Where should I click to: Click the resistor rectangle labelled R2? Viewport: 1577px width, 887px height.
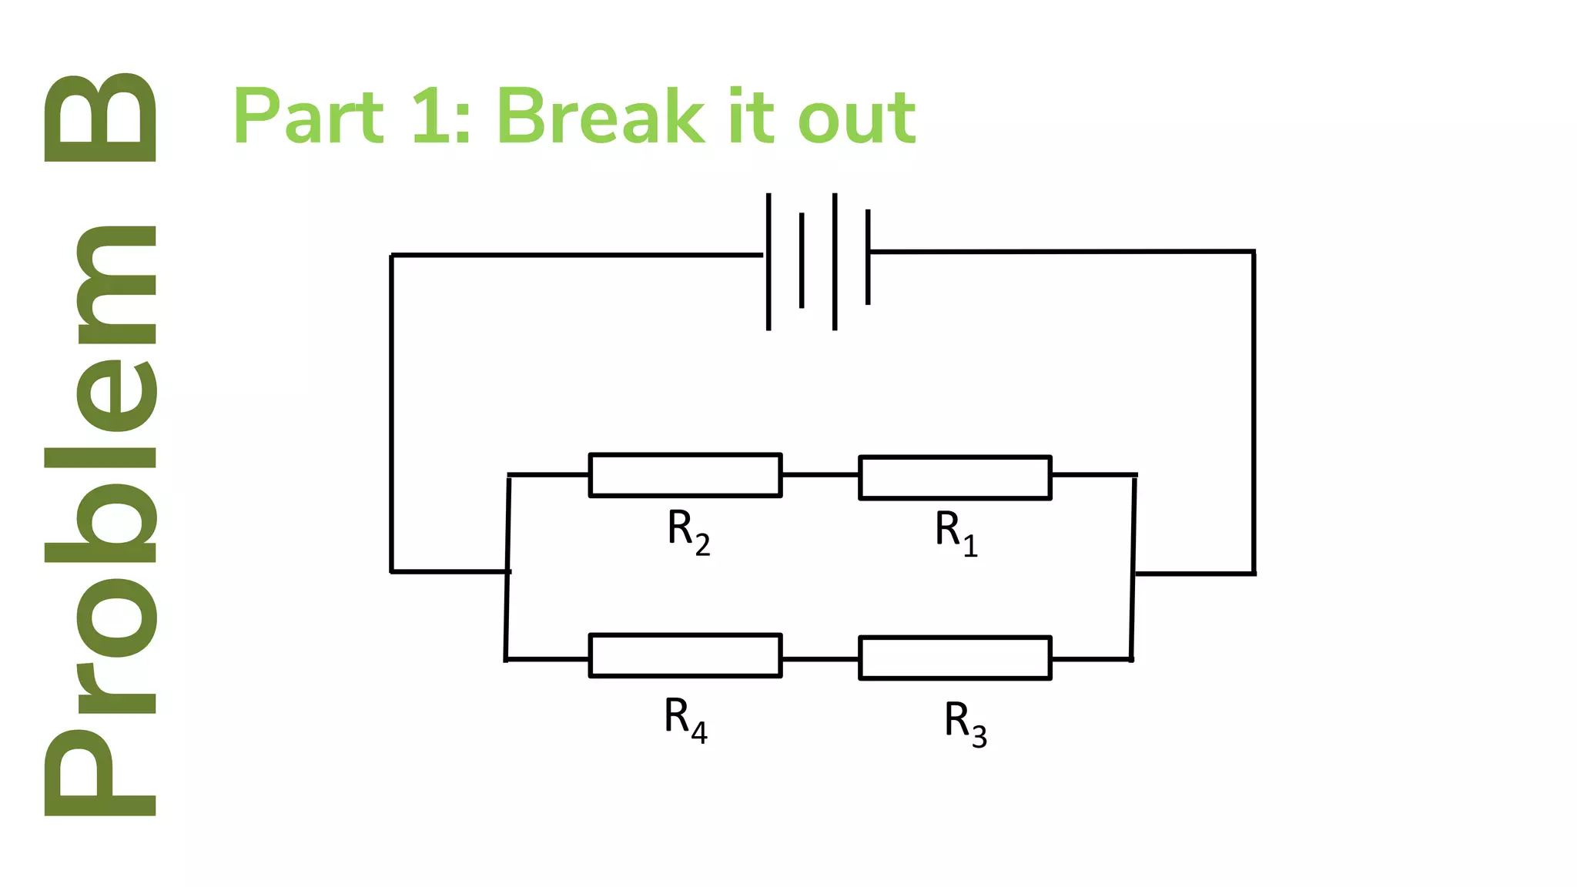[685, 475]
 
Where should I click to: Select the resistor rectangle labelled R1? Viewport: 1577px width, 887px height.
[955, 477]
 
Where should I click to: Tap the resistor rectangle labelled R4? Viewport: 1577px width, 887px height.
[685, 655]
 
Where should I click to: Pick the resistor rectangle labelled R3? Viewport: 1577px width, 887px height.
[955, 658]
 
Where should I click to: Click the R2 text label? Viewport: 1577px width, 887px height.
[688, 531]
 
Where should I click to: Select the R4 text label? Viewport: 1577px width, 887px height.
[685, 719]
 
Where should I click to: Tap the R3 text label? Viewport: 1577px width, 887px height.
[966, 723]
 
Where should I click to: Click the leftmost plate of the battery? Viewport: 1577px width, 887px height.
[768, 262]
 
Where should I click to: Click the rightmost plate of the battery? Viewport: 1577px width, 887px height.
[868, 256]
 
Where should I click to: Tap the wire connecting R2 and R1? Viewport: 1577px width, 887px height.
[820, 475]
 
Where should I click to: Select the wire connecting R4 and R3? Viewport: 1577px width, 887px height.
[820, 659]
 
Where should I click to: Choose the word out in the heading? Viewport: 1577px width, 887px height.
[856, 117]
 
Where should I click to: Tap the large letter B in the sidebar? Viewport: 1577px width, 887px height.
[100, 118]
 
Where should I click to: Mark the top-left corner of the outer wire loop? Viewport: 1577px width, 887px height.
[391, 255]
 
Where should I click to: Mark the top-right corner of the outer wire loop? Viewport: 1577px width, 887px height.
[1254, 252]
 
